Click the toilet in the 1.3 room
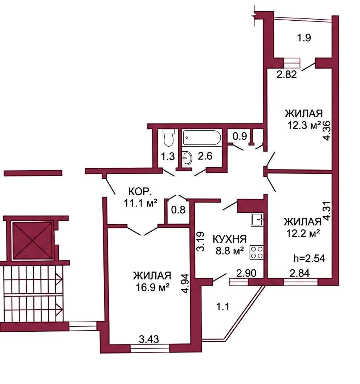pyautogui.click(x=168, y=138)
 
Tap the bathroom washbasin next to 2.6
pyautogui.click(x=187, y=158)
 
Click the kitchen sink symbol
pyautogui.click(x=257, y=220)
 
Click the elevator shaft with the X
pyautogui.click(x=32, y=241)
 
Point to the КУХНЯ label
pyautogui.click(x=229, y=239)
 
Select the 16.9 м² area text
pyautogui.click(x=153, y=287)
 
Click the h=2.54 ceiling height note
pyautogui.click(x=309, y=258)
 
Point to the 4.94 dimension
pyautogui.click(x=186, y=283)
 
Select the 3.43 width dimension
pyautogui.click(x=149, y=339)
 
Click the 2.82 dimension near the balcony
pyautogui.click(x=287, y=74)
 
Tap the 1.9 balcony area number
pyautogui.click(x=304, y=38)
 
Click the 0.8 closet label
pyautogui.click(x=178, y=210)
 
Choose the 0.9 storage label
pyautogui.click(x=240, y=136)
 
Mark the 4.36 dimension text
pyautogui.click(x=327, y=131)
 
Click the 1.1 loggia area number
pyautogui.click(x=222, y=306)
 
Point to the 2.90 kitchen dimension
pyautogui.click(x=246, y=273)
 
